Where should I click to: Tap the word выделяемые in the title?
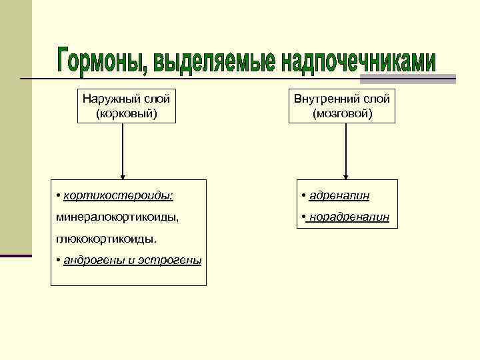click(214, 61)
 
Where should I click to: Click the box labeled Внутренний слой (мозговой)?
click(342, 106)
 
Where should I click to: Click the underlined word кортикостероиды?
click(118, 195)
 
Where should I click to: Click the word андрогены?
click(93, 259)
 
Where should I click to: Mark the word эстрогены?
click(174, 259)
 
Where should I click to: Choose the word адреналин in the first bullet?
click(339, 195)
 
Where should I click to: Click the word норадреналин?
click(349, 217)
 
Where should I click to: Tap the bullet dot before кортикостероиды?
click(59, 195)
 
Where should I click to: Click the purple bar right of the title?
click(446, 79)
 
